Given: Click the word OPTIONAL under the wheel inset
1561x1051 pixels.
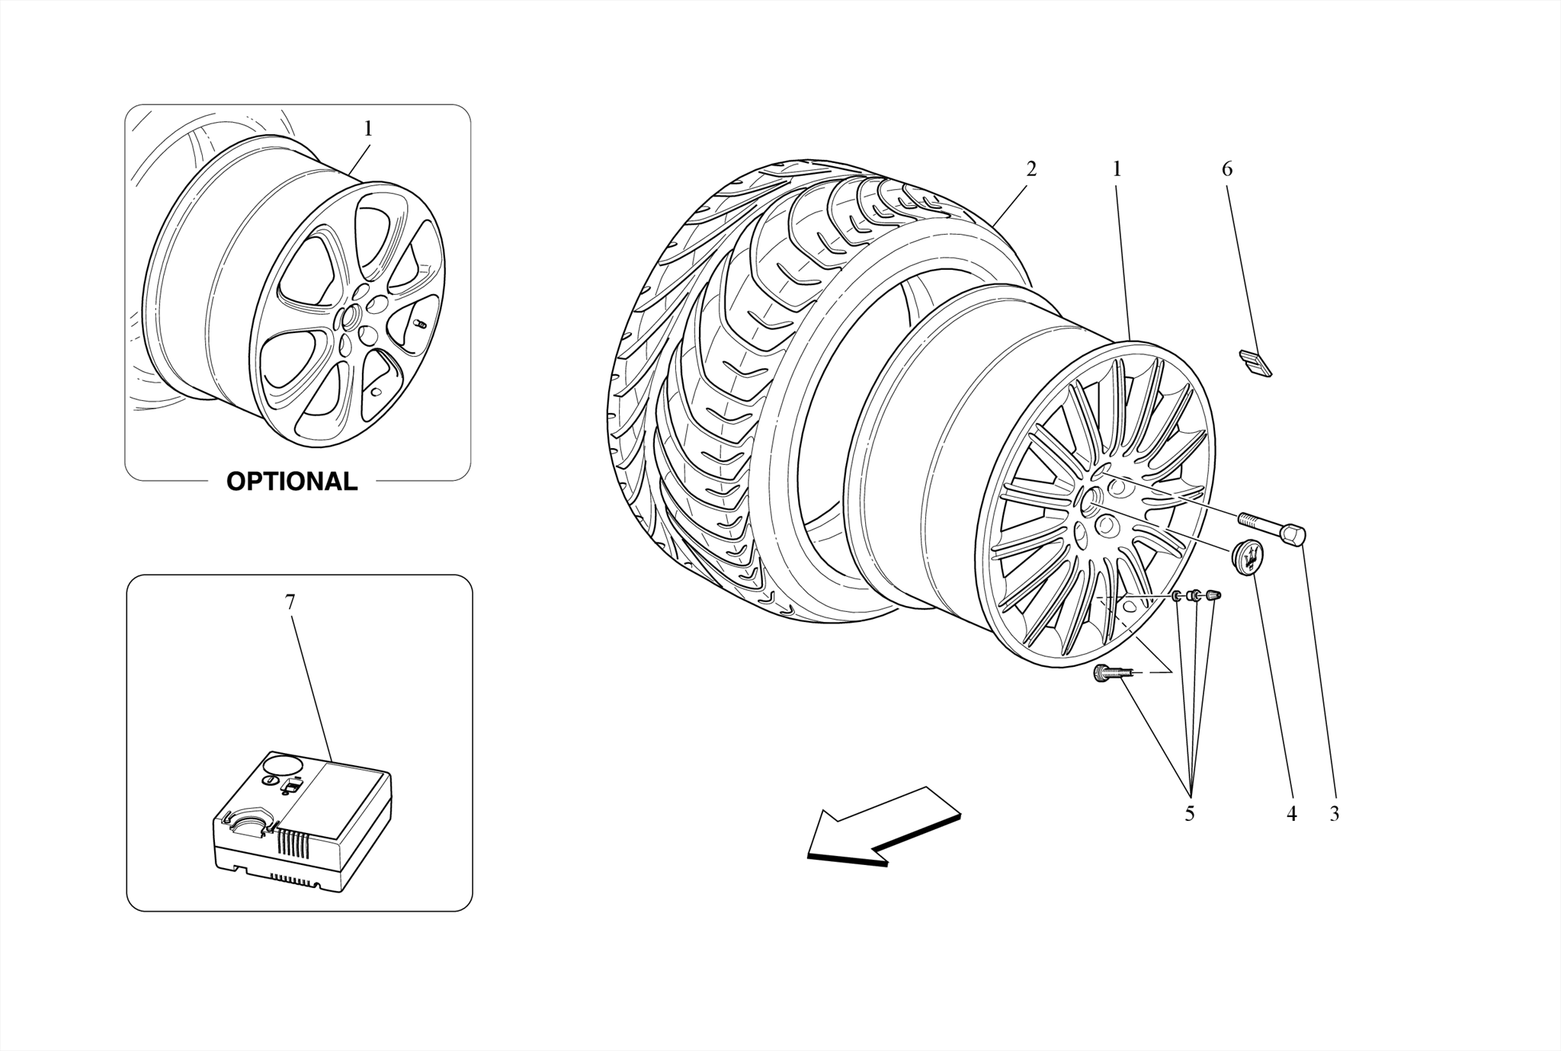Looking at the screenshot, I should [x=292, y=482].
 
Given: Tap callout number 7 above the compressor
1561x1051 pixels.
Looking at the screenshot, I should [x=290, y=602].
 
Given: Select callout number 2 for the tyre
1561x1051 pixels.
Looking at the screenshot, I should [x=1031, y=168].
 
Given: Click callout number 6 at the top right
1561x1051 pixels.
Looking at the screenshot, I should [x=1227, y=168].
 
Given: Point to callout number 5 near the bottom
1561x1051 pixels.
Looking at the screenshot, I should [x=1189, y=814].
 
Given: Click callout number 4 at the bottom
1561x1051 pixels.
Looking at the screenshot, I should [x=1291, y=814].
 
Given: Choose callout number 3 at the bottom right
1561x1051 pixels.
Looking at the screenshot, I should [x=1334, y=814].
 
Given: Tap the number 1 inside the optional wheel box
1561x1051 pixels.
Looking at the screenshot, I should [x=368, y=129].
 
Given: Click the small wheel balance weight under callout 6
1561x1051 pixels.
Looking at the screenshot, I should [x=1255, y=363].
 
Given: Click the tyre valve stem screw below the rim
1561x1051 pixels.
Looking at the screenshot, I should [x=1107, y=673].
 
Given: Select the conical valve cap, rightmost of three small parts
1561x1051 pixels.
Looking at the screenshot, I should [x=1213, y=595].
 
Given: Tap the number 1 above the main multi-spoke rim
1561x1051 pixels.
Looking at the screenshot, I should [x=1117, y=168].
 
